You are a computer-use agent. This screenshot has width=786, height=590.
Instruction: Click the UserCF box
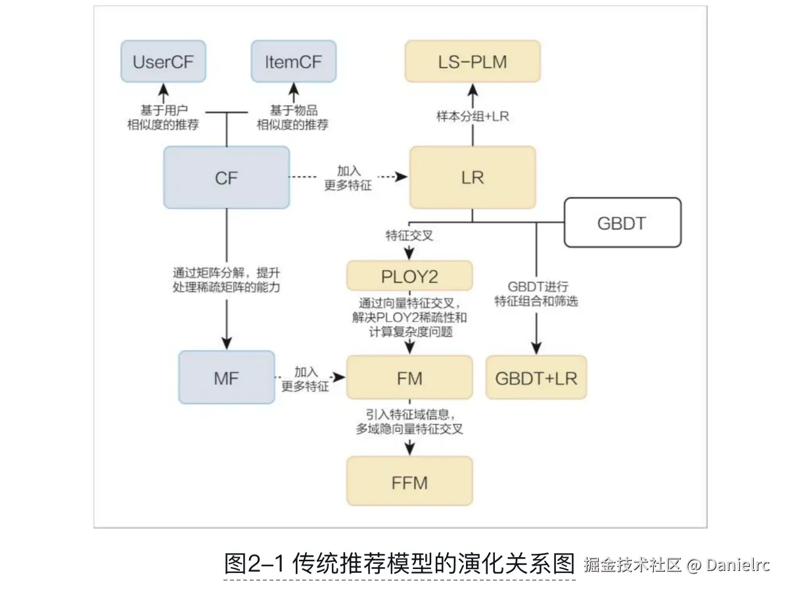(x=163, y=62)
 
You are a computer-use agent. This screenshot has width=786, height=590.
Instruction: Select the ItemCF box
(x=293, y=62)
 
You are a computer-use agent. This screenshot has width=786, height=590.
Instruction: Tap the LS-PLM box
(x=472, y=62)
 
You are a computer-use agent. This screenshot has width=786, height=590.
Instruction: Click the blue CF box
(x=226, y=177)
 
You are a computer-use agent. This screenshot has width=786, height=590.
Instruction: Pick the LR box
(x=472, y=177)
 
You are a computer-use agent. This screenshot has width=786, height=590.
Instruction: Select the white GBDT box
(x=621, y=223)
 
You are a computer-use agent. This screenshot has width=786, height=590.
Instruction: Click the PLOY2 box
(x=409, y=276)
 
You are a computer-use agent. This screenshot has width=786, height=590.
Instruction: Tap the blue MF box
(x=226, y=378)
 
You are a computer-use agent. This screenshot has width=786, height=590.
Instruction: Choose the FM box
(x=409, y=378)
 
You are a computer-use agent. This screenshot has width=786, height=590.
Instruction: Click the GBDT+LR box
(x=536, y=378)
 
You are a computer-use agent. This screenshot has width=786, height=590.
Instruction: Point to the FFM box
(x=409, y=482)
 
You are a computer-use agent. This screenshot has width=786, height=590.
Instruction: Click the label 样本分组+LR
(x=473, y=116)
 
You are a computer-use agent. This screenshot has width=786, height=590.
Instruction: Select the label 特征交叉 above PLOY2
(x=409, y=235)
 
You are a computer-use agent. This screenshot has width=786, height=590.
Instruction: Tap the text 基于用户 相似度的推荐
(x=162, y=117)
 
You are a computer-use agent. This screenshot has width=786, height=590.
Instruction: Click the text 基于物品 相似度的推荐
(x=292, y=117)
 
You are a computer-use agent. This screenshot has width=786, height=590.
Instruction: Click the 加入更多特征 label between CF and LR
(x=348, y=177)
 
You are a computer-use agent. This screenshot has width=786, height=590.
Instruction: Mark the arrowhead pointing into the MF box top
(x=226, y=343)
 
